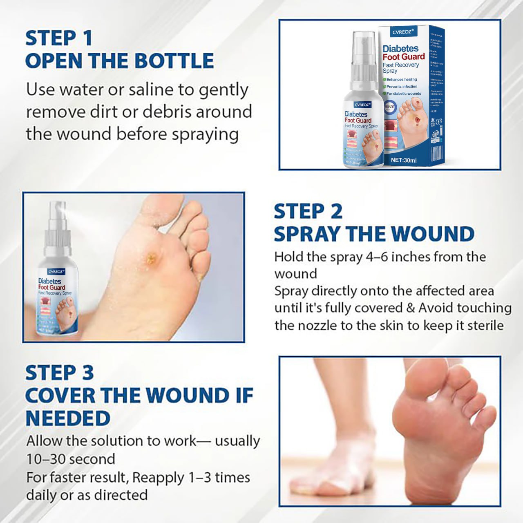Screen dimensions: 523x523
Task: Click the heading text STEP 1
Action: point(59,38)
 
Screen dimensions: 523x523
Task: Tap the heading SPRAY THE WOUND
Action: point(374,234)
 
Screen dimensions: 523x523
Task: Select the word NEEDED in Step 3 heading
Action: point(68,418)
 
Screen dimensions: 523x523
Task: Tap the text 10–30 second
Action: point(71,459)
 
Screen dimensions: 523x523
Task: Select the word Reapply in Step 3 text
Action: point(158,477)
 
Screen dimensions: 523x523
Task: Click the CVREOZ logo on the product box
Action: point(403,32)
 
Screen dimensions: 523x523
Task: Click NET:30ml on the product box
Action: point(403,160)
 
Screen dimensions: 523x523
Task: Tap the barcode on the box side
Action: point(436,155)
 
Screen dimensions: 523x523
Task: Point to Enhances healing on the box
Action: point(401,79)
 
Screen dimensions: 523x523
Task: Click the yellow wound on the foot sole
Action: point(152,258)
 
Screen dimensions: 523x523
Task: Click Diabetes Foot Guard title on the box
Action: point(403,53)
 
